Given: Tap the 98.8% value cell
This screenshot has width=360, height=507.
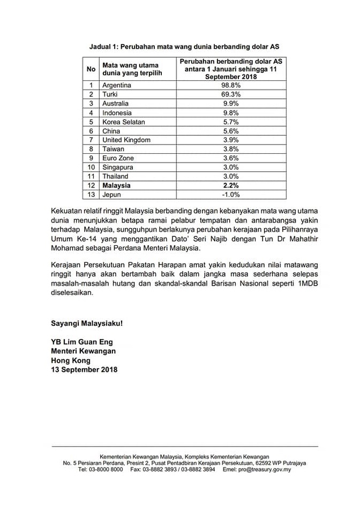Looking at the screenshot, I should click(231, 85).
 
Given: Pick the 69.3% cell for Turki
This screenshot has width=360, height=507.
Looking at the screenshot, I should click(231, 94).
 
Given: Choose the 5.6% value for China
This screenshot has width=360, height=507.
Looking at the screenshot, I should click(231, 131).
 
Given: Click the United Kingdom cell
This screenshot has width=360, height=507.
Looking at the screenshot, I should click(126, 140).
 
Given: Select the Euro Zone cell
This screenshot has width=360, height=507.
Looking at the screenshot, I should click(118, 158).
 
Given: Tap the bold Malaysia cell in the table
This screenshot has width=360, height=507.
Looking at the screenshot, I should click(116, 185).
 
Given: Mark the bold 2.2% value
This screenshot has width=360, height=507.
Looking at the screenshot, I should click(231, 185).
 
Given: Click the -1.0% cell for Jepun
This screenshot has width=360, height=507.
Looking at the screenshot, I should click(231, 195).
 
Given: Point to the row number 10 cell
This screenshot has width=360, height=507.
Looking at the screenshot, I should click(91, 167).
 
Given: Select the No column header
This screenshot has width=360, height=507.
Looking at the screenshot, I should click(91, 69).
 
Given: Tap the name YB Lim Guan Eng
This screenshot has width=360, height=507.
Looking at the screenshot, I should click(82, 342).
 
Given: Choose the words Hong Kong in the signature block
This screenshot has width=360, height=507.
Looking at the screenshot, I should click(71, 360).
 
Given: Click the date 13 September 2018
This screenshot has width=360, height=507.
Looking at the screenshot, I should click(84, 369).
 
